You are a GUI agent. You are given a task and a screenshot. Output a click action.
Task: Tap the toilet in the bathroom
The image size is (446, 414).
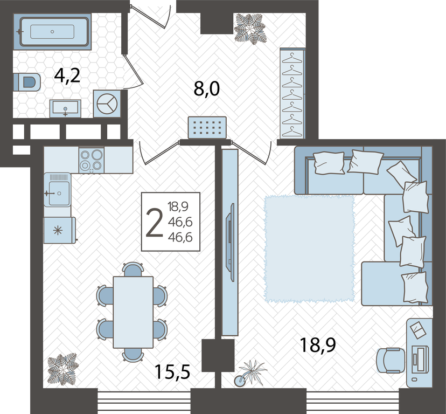tap(27, 82)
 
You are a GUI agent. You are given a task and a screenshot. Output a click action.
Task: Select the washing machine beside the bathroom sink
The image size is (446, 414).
tap(107, 103)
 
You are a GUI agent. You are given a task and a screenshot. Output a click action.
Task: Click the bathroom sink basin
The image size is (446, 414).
tap(65, 108)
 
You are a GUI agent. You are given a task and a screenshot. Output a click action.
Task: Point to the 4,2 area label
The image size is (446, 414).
tap(67, 76)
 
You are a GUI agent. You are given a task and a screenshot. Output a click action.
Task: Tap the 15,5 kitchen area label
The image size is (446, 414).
tap(172, 372)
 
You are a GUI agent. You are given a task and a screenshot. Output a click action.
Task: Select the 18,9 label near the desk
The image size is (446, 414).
tap(318, 345)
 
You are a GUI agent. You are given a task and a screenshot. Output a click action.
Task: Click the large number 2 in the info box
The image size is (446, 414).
tap(154, 223)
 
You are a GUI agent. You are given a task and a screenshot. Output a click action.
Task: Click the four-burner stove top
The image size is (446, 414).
tap(92, 160)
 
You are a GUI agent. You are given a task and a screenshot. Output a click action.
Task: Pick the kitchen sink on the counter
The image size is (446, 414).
tap(58, 189)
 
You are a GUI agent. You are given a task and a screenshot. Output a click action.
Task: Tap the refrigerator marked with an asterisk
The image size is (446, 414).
tap(59, 230)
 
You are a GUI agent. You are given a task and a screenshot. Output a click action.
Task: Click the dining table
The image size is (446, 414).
tap(133, 312)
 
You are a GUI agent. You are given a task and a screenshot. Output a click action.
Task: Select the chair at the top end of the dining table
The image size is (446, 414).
tap(133, 269)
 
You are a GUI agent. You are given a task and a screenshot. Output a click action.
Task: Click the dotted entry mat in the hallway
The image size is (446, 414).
tap(207, 128)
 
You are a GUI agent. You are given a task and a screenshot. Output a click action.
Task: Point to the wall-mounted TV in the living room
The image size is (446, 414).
tap(230, 242)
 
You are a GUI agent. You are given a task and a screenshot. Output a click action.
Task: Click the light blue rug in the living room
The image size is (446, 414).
tap(309, 248)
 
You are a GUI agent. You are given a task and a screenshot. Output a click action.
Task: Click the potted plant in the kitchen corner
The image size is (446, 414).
tap(62, 369)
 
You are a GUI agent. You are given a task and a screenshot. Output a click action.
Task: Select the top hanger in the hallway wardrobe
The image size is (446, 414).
tap(292, 59)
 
